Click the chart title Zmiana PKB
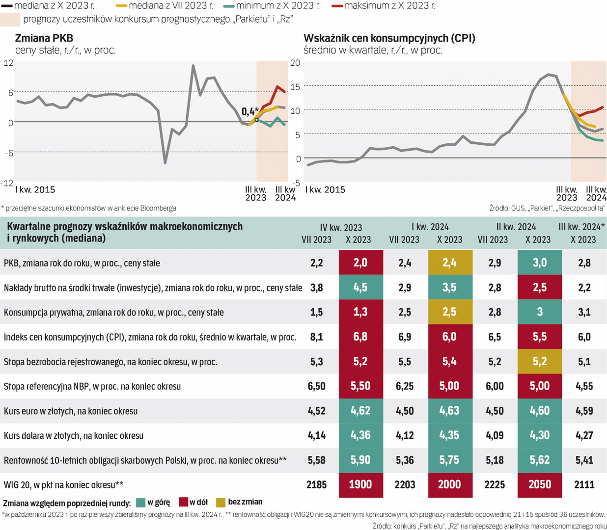click(44, 38)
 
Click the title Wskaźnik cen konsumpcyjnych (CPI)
click(389, 38)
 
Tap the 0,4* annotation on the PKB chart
click(249, 111)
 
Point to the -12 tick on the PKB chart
click(8, 183)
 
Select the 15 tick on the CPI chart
click(295, 87)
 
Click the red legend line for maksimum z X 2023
click(337, 6)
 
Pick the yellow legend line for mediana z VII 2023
click(121, 6)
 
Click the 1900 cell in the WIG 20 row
click(360, 485)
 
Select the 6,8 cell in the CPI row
click(360, 337)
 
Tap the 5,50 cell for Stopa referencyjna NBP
click(360, 386)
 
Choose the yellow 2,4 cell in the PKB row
click(449, 263)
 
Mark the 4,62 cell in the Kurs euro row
click(360, 411)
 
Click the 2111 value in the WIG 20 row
click(584, 485)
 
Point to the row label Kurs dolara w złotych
click(74, 436)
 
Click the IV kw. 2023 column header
click(341, 228)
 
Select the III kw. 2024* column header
click(582, 227)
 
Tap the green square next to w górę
click(141, 503)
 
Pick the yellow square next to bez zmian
click(221, 503)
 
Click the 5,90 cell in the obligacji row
click(360, 460)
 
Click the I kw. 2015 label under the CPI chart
click(325, 190)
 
